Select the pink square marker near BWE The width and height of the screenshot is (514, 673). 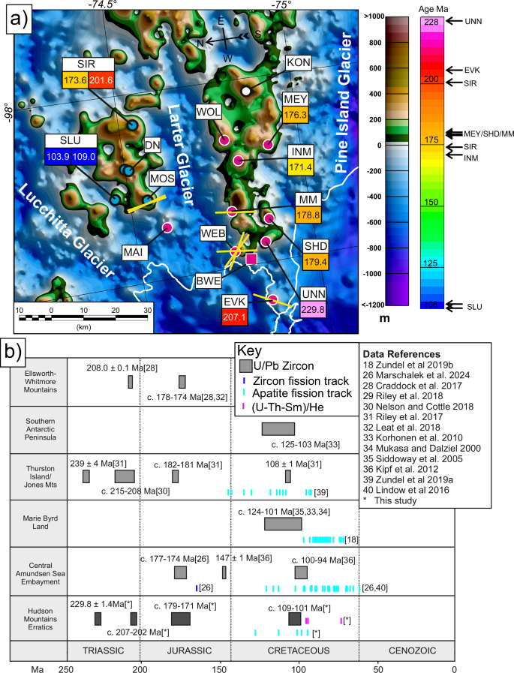(x=251, y=259)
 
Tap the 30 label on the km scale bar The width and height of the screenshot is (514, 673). (x=148, y=308)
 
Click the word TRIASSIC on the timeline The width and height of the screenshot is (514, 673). (x=104, y=650)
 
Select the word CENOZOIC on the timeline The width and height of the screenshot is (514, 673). (x=403, y=650)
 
